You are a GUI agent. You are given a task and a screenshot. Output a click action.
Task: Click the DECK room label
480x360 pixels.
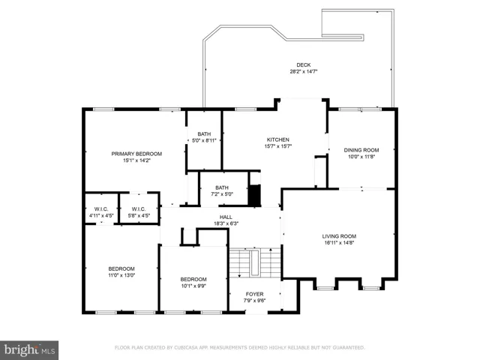(303, 65)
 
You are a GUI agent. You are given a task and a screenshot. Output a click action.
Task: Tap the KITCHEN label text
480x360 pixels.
(278, 139)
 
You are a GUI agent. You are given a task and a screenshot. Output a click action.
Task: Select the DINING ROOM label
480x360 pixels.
(361, 150)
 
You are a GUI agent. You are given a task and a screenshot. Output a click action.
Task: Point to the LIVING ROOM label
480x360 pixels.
(339, 236)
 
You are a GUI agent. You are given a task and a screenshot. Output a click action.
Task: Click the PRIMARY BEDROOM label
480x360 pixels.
(136, 154)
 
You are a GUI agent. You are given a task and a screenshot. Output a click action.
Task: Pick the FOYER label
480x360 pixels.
(254, 294)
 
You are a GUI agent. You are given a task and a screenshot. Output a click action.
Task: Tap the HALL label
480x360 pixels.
(226, 217)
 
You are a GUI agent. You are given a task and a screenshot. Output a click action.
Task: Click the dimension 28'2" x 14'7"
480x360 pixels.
(303, 72)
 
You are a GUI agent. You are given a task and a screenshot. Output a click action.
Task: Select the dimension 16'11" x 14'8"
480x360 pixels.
(339, 243)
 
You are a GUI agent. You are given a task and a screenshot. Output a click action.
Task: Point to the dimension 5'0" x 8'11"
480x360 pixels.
(204, 140)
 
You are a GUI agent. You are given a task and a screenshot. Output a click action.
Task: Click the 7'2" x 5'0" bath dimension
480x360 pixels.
(222, 194)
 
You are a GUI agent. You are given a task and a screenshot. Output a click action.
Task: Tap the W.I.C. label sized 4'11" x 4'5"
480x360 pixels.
(101, 209)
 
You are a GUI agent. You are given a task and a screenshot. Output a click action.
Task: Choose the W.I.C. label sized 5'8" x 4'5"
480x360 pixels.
(139, 209)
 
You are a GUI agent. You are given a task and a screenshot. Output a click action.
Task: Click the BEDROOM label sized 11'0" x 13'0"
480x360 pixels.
(121, 268)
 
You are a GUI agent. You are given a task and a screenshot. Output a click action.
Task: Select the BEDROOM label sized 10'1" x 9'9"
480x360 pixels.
(193, 279)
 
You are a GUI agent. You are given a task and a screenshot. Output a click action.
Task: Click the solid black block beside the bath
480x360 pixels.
(254, 195)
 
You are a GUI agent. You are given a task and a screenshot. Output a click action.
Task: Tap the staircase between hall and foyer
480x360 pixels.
(255, 262)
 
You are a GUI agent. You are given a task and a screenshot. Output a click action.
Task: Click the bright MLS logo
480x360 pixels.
(29, 350)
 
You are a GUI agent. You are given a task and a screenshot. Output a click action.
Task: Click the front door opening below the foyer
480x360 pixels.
(256, 312)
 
